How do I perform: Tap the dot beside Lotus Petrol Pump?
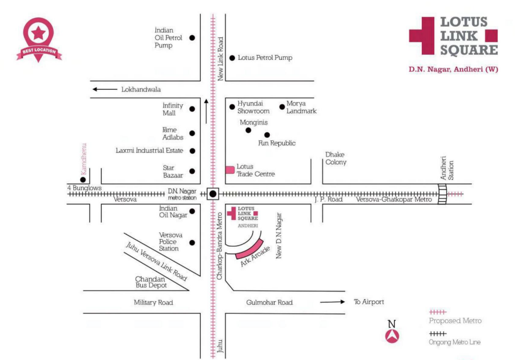232,58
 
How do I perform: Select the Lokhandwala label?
141,89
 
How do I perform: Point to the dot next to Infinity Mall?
192,109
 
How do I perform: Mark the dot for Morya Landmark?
282,106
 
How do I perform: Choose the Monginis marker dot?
248,130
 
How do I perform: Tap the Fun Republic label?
277,143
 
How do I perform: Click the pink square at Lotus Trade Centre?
230,170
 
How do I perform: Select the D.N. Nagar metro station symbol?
213,194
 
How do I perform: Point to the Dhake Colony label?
336,158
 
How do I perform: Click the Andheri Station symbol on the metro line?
442,194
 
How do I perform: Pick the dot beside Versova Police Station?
192,242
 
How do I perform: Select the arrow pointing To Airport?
332,302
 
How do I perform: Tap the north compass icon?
392,336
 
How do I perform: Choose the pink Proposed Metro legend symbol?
438,311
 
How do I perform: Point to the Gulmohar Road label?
269,302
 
